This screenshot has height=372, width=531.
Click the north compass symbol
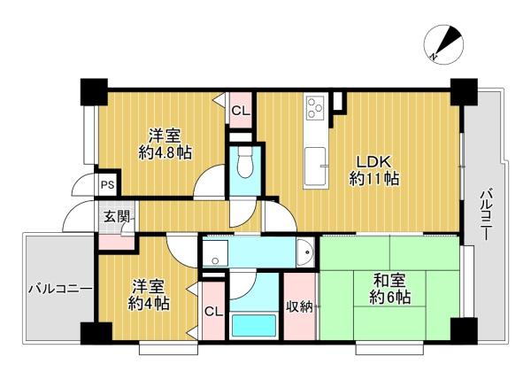click(443, 44)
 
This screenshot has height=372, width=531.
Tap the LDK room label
click(373, 161)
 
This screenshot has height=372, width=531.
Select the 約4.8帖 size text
click(165, 153)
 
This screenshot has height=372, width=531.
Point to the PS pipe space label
click(108, 185)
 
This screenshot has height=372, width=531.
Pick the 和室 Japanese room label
click(389, 281)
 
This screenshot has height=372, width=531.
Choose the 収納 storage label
click(300, 306)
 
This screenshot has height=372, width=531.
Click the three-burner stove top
click(315, 106)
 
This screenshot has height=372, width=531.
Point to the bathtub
click(254, 325)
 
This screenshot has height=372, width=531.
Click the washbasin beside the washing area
click(305, 252)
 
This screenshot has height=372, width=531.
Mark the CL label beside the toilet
click(241, 111)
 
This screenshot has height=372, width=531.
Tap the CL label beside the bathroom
click(214, 311)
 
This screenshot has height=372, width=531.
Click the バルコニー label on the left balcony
click(60, 289)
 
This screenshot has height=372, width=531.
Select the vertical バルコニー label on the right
click(487, 215)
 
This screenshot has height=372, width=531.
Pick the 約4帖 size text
click(149, 304)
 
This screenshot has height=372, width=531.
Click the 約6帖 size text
click(389, 298)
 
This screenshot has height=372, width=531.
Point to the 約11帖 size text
click(373, 179)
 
